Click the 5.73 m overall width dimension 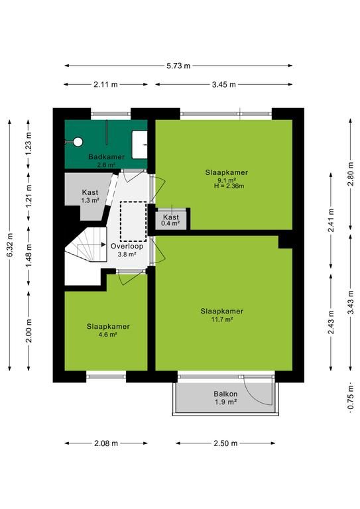click(x=178, y=66)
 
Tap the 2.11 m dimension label click(x=106, y=85)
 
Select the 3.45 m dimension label click(x=224, y=85)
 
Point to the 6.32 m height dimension click(x=10, y=245)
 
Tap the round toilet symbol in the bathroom click(x=78, y=142)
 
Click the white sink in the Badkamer click(x=139, y=144)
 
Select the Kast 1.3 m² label click(x=90, y=196)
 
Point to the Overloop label click(x=127, y=246)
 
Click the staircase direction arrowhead click(x=103, y=245)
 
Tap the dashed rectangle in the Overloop click(x=133, y=221)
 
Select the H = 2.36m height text click(x=229, y=186)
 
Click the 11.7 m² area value click(x=222, y=319)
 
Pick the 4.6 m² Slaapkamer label click(x=108, y=330)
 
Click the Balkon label click(x=225, y=394)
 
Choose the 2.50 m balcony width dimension click(x=225, y=443)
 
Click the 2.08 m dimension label click(x=106, y=443)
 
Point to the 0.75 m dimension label click(x=350, y=398)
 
